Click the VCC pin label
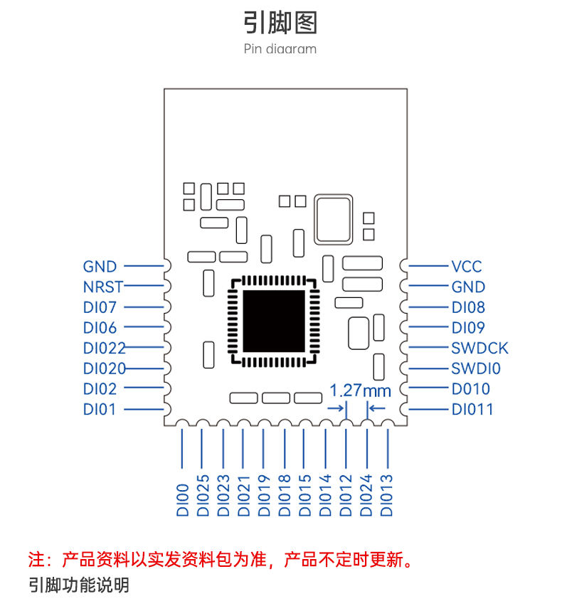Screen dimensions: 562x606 467,266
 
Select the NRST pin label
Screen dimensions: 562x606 103,287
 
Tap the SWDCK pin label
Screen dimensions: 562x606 479,349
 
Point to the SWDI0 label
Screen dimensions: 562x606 476,368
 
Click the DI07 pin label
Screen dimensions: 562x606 100,307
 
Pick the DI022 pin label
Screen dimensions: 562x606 105,349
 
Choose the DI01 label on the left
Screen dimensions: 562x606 100,409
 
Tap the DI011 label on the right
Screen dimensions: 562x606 472,409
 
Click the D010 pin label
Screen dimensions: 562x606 471,389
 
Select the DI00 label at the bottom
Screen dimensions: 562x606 182,500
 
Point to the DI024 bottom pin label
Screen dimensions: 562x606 366,496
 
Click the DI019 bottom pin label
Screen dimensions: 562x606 264,496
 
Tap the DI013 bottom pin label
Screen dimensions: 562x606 386,496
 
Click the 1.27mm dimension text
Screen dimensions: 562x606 360,390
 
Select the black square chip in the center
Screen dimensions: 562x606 274,321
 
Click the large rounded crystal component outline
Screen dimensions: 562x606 333,220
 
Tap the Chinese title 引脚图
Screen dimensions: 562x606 280,23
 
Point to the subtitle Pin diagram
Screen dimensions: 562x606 280,49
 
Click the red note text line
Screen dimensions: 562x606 221,559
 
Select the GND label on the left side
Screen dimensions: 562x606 100,266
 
